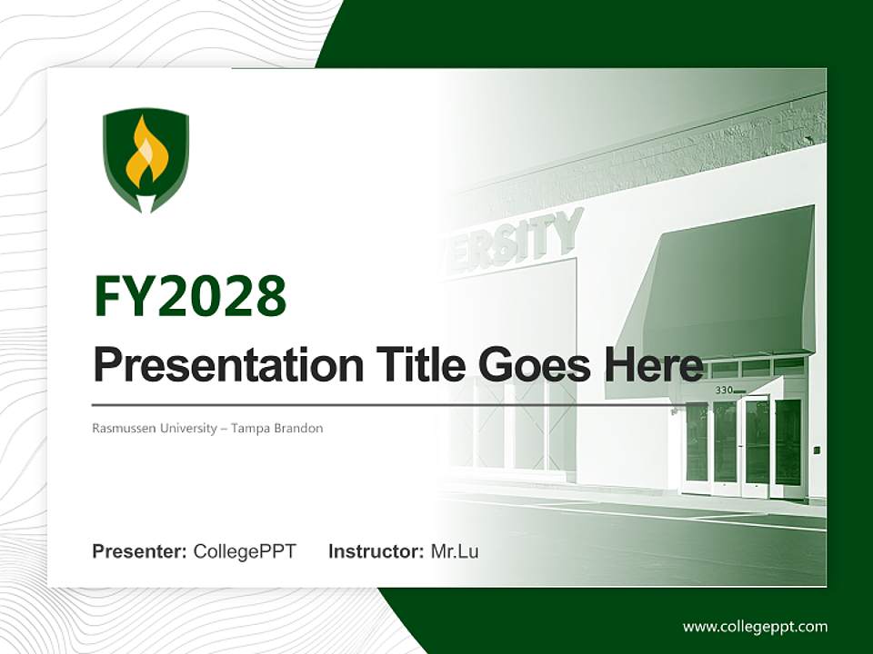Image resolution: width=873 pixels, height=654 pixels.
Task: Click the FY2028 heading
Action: (190, 296)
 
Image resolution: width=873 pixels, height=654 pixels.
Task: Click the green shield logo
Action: (145, 160)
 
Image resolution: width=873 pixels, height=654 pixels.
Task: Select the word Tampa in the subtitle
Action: (250, 428)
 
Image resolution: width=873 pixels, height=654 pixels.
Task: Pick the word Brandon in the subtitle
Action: (297, 428)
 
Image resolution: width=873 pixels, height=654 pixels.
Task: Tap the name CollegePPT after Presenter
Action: (245, 551)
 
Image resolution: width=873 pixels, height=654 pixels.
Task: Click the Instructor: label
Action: (376, 551)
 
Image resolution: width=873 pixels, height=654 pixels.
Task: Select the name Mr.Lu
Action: (455, 551)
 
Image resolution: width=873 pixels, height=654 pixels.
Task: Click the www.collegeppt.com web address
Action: (755, 626)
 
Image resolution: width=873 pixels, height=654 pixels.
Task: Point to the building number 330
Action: (724, 390)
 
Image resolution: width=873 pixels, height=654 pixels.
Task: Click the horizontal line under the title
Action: (382, 405)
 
